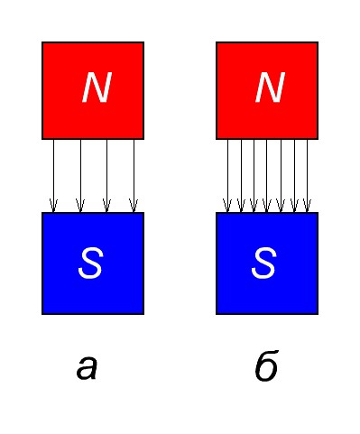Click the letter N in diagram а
coord(97,88)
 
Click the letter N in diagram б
coord(270,88)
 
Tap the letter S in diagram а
coord(90,263)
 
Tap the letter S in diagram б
coord(263,263)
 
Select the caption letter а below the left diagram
coord(87,367)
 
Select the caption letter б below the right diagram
coord(266,365)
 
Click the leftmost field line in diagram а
coord(53,176)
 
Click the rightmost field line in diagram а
coord(134,176)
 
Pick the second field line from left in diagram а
coord(80,176)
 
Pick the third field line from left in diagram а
coord(107,176)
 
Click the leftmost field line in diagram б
coord(227,176)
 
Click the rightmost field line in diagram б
coord(307,176)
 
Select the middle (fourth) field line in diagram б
coord(267,176)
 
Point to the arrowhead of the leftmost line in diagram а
coord(53,206)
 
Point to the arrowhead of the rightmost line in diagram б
coord(307,206)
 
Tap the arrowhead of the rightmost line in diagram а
coord(134,206)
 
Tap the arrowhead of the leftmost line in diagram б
coord(227,206)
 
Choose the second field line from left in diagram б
coord(241,176)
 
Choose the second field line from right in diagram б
coord(294,176)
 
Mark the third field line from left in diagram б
coord(254,176)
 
